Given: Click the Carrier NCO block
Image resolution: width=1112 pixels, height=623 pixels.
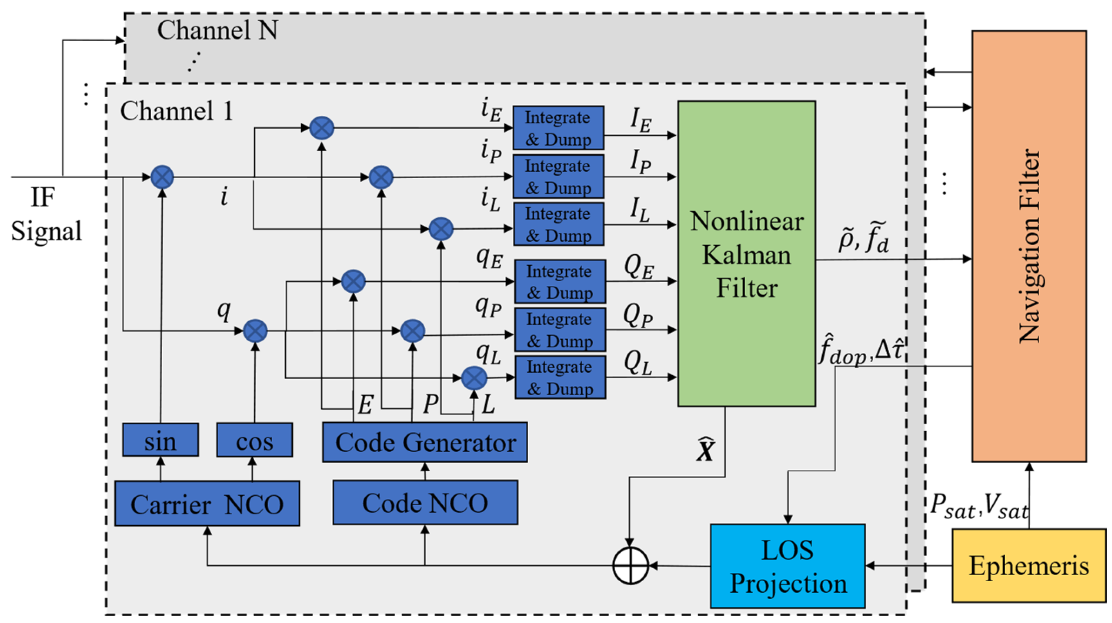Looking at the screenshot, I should coord(207,503).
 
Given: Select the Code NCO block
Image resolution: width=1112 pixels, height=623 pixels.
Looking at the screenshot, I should coord(425,502).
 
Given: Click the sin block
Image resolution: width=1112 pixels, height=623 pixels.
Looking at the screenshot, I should coord(160,440).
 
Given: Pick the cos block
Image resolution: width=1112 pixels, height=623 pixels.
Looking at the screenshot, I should coord(254,440).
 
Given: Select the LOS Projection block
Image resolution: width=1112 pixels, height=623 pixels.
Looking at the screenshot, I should coord(787,566).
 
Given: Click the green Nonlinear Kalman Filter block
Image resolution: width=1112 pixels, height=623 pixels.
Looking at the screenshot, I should coord(747,254).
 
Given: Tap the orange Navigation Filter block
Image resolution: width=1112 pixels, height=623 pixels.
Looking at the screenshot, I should coord(1029,246).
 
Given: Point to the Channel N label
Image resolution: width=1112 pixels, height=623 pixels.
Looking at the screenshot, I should coord(217,30).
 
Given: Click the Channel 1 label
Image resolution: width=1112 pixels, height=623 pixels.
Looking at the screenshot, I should coord(177,111).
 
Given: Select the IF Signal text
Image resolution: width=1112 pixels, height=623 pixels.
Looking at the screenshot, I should coord(45,215).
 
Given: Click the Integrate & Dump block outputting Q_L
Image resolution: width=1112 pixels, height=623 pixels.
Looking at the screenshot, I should coord(560,377).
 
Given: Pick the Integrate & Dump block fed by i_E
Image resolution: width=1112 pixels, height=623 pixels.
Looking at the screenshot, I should coord(558,128).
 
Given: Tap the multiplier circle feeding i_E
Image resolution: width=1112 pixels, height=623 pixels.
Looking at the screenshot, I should coord(322,128).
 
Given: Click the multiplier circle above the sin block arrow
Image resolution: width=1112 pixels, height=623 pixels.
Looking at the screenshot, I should coord(162,177).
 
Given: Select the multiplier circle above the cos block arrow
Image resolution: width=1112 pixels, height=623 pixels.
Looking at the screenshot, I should coord(255,331).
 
